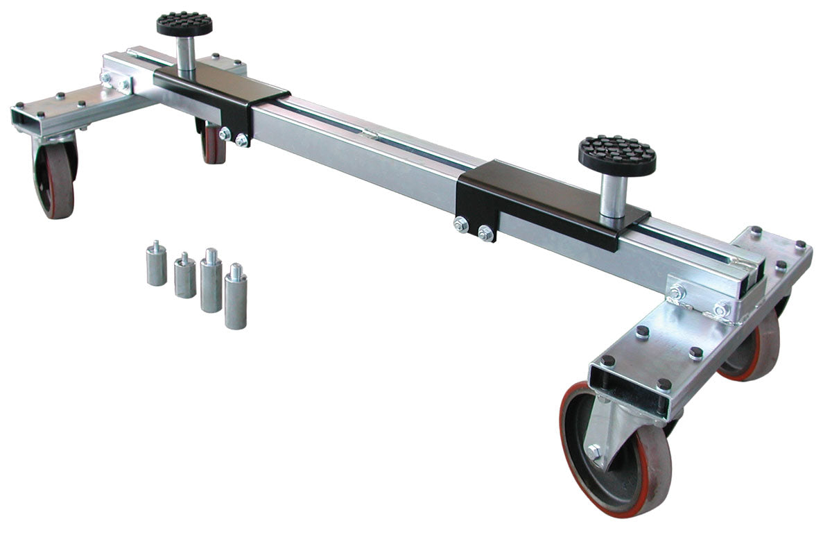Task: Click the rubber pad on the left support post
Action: [184, 24]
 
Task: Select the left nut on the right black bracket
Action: [460, 225]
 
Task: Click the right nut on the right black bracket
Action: [485, 233]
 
